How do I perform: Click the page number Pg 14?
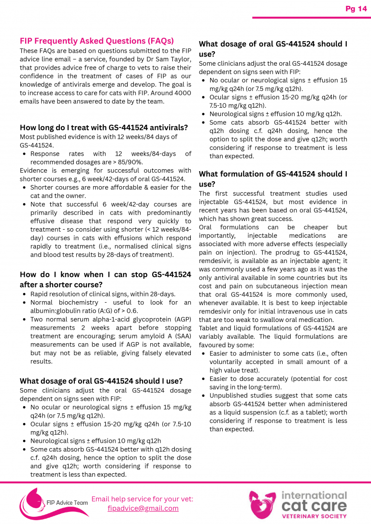pyautogui.click(x=356, y=9)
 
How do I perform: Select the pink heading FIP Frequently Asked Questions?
pyautogui.click(x=97, y=41)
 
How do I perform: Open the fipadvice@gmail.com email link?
pyautogui.click(x=143, y=508)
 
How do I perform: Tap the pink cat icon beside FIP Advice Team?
pyautogui.click(x=30, y=503)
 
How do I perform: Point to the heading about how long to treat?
pyautogui.click(x=103, y=128)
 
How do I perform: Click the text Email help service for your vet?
pyautogui.click(x=143, y=499)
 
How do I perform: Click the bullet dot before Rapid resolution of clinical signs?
pyautogui.click(x=25, y=294)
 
